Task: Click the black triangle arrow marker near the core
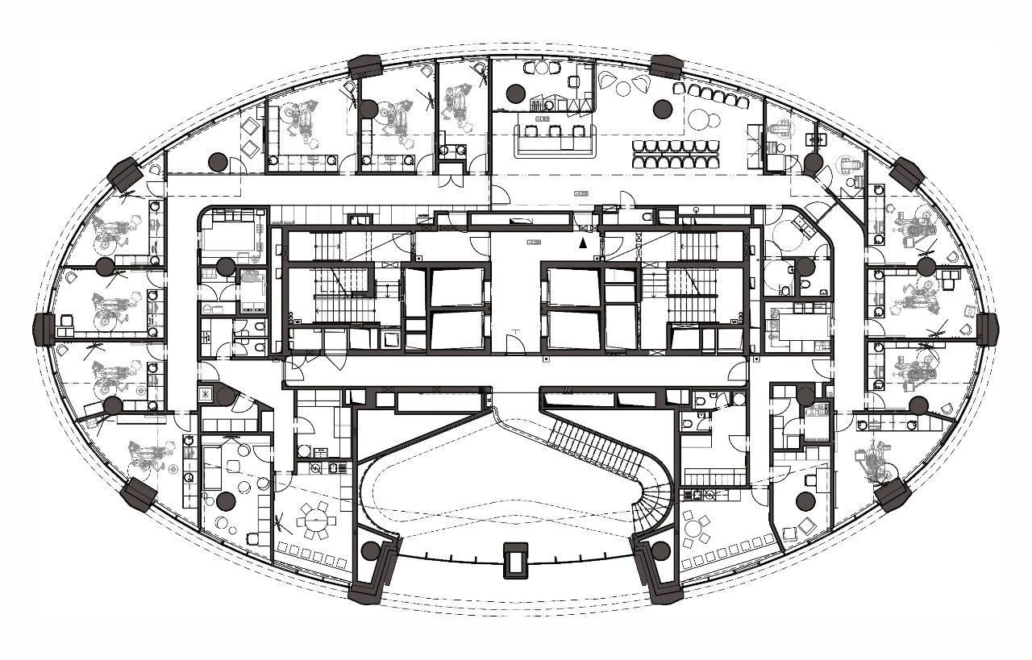coord(584,229)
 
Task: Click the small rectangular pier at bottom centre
coord(514,559)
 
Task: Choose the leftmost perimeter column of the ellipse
coord(44,329)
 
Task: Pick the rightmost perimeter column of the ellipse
coord(988,329)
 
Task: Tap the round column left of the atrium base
coord(370,551)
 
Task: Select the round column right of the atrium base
coord(660,551)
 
